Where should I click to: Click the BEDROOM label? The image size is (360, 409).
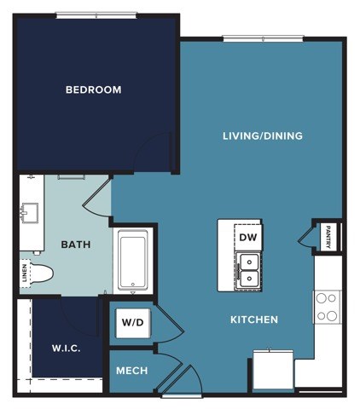tap(93, 89)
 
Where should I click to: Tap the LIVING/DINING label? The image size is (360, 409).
tap(262, 135)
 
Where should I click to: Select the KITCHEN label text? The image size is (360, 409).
tap(253, 320)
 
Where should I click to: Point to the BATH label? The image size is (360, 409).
tap(75, 245)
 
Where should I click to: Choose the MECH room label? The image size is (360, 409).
tap(131, 371)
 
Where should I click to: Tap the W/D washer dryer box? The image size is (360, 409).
tap(131, 323)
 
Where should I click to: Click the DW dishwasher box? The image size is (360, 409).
tap(247, 237)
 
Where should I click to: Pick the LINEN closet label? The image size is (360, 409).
tap(24, 273)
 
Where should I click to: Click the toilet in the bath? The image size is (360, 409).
tap(40, 274)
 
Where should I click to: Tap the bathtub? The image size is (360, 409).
tap(133, 262)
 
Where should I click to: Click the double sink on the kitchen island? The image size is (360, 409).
tap(248, 269)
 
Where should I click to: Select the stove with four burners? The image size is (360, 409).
tap(326, 306)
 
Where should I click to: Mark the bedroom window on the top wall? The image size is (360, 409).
tap(96, 14)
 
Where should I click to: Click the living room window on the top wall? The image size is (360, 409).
tap(263, 37)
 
